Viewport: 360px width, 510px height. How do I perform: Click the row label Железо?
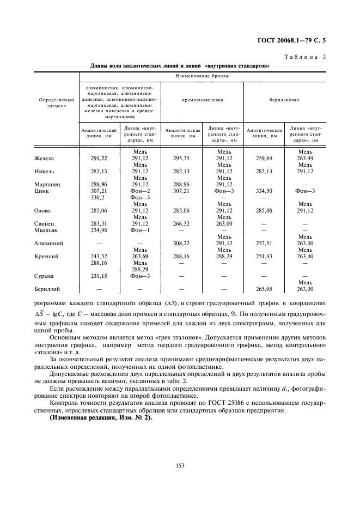pos(45,159)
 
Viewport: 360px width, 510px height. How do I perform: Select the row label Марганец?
pos(47,184)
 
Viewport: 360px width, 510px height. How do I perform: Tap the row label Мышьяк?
pos(46,230)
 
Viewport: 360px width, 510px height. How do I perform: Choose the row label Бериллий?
pos(48,289)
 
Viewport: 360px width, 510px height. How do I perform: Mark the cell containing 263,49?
pos(305,159)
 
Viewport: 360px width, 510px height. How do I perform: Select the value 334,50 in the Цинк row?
pos(264,191)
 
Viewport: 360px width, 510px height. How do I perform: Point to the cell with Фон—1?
pos(140,230)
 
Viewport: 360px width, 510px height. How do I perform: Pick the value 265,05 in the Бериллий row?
pos(264,289)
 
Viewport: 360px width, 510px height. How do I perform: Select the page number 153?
pos(180,464)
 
